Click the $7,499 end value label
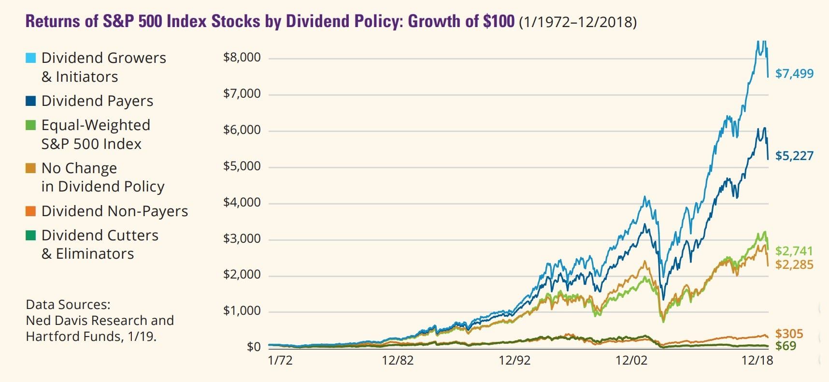(x=794, y=73)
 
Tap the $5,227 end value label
(x=794, y=156)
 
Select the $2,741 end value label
(x=794, y=251)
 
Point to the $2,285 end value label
(x=794, y=264)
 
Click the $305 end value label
(x=789, y=334)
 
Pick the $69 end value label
(x=786, y=346)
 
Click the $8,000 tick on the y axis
(x=242, y=58)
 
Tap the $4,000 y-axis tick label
(x=242, y=202)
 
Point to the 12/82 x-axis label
(x=397, y=361)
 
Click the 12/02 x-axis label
(x=631, y=361)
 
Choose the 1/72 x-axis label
(x=280, y=361)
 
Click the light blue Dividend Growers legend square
(x=30, y=58)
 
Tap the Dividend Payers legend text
(x=97, y=101)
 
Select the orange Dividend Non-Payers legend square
(x=30, y=211)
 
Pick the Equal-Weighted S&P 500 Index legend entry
(x=95, y=134)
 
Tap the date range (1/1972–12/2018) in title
(x=577, y=22)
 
